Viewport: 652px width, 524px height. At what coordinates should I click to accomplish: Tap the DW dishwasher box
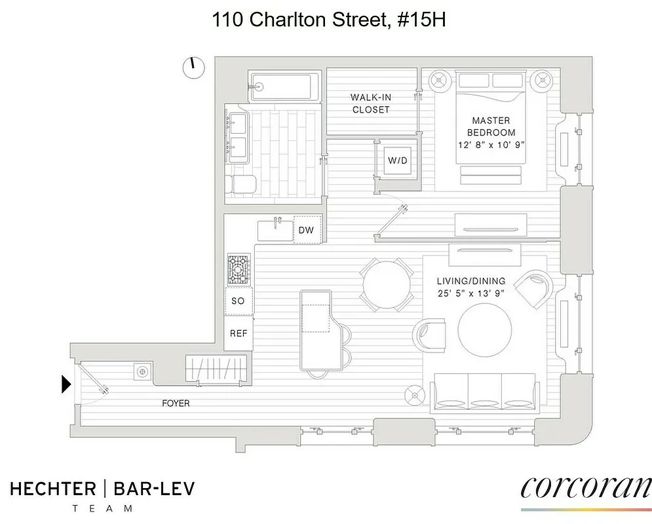click(x=306, y=230)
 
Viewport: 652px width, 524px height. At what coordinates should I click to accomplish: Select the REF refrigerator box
click(x=238, y=333)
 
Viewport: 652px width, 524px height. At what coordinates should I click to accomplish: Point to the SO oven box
click(x=238, y=301)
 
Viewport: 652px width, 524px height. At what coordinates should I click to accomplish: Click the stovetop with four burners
click(x=239, y=269)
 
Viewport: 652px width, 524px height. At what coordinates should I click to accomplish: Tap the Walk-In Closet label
click(x=371, y=103)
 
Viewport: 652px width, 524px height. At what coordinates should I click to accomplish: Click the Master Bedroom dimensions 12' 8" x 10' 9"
click(x=491, y=143)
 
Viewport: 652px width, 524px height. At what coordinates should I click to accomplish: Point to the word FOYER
click(x=176, y=403)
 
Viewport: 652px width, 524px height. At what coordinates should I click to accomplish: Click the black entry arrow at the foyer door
click(x=66, y=384)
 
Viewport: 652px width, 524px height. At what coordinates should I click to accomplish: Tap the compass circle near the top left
click(x=194, y=67)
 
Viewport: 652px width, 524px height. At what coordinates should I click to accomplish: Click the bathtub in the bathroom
click(x=283, y=86)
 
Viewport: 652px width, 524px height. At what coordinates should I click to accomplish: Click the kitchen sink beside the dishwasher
click(x=275, y=231)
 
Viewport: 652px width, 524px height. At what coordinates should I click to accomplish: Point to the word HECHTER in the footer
click(x=52, y=489)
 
